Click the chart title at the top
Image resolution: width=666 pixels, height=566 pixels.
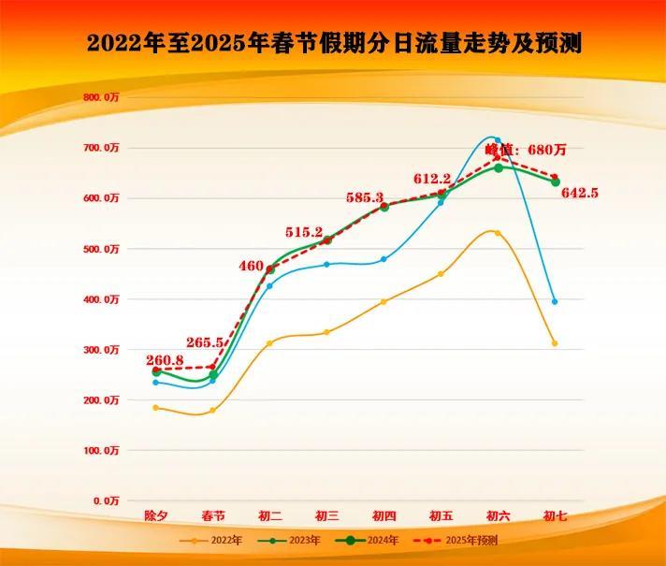pos(333,43)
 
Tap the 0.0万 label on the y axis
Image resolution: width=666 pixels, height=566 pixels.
pos(106,501)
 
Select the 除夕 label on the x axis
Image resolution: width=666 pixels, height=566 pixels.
pos(156,516)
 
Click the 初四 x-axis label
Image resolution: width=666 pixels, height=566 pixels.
pos(384,516)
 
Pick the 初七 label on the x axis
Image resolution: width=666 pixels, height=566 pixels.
pos(556,516)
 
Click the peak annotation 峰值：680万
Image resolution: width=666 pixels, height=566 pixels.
pos(526,149)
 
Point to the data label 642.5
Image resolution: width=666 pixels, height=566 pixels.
pos(579,193)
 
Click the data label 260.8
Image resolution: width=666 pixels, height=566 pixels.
pos(165,360)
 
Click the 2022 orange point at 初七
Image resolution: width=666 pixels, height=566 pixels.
pos(555,343)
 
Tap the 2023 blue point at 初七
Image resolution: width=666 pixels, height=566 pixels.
pos(555,301)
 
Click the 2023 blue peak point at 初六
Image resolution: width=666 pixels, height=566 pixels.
pos(498,140)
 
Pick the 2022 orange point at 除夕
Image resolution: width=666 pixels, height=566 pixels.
pos(155,408)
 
